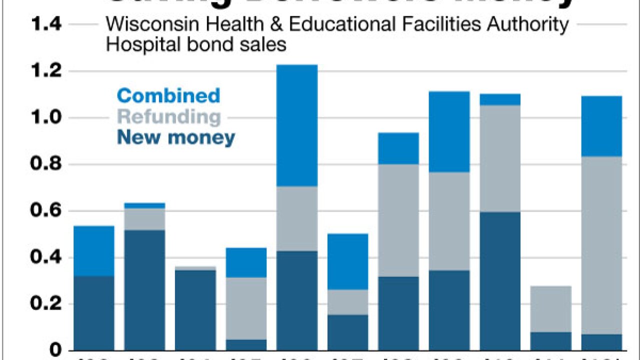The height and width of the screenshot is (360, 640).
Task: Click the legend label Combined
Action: point(168,95)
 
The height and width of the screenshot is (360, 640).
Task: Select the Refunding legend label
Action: point(169,116)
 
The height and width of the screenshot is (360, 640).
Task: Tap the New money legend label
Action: point(176,137)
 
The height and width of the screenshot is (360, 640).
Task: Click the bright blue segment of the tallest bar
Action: point(297,125)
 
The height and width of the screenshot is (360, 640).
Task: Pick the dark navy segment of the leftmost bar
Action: point(94,312)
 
